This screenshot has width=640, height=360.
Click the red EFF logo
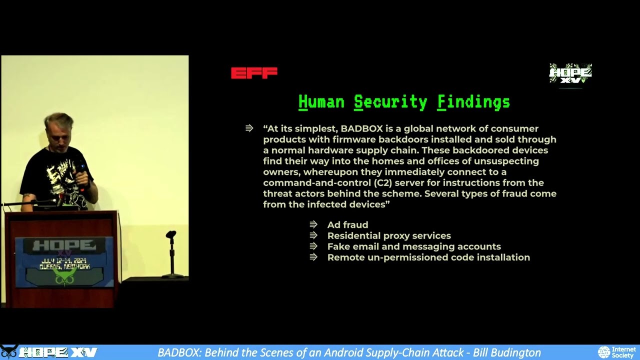[x=254, y=73]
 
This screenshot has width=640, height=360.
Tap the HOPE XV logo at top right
[x=570, y=73]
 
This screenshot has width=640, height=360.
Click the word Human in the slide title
[x=321, y=102]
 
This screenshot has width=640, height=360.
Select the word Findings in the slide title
[x=473, y=102]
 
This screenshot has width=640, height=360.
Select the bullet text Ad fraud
[x=347, y=225]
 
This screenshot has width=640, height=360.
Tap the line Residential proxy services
[x=389, y=235]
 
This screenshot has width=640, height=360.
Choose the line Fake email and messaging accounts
[x=414, y=246]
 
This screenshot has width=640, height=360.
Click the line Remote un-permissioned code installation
[x=428, y=257]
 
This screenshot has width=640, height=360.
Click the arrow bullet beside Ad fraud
[x=313, y=225]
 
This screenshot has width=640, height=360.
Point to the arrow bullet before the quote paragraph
[x=249, y=128]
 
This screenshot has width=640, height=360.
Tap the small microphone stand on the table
[x=171, y=252]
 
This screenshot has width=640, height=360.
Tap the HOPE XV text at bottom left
[x=57, y=352]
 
